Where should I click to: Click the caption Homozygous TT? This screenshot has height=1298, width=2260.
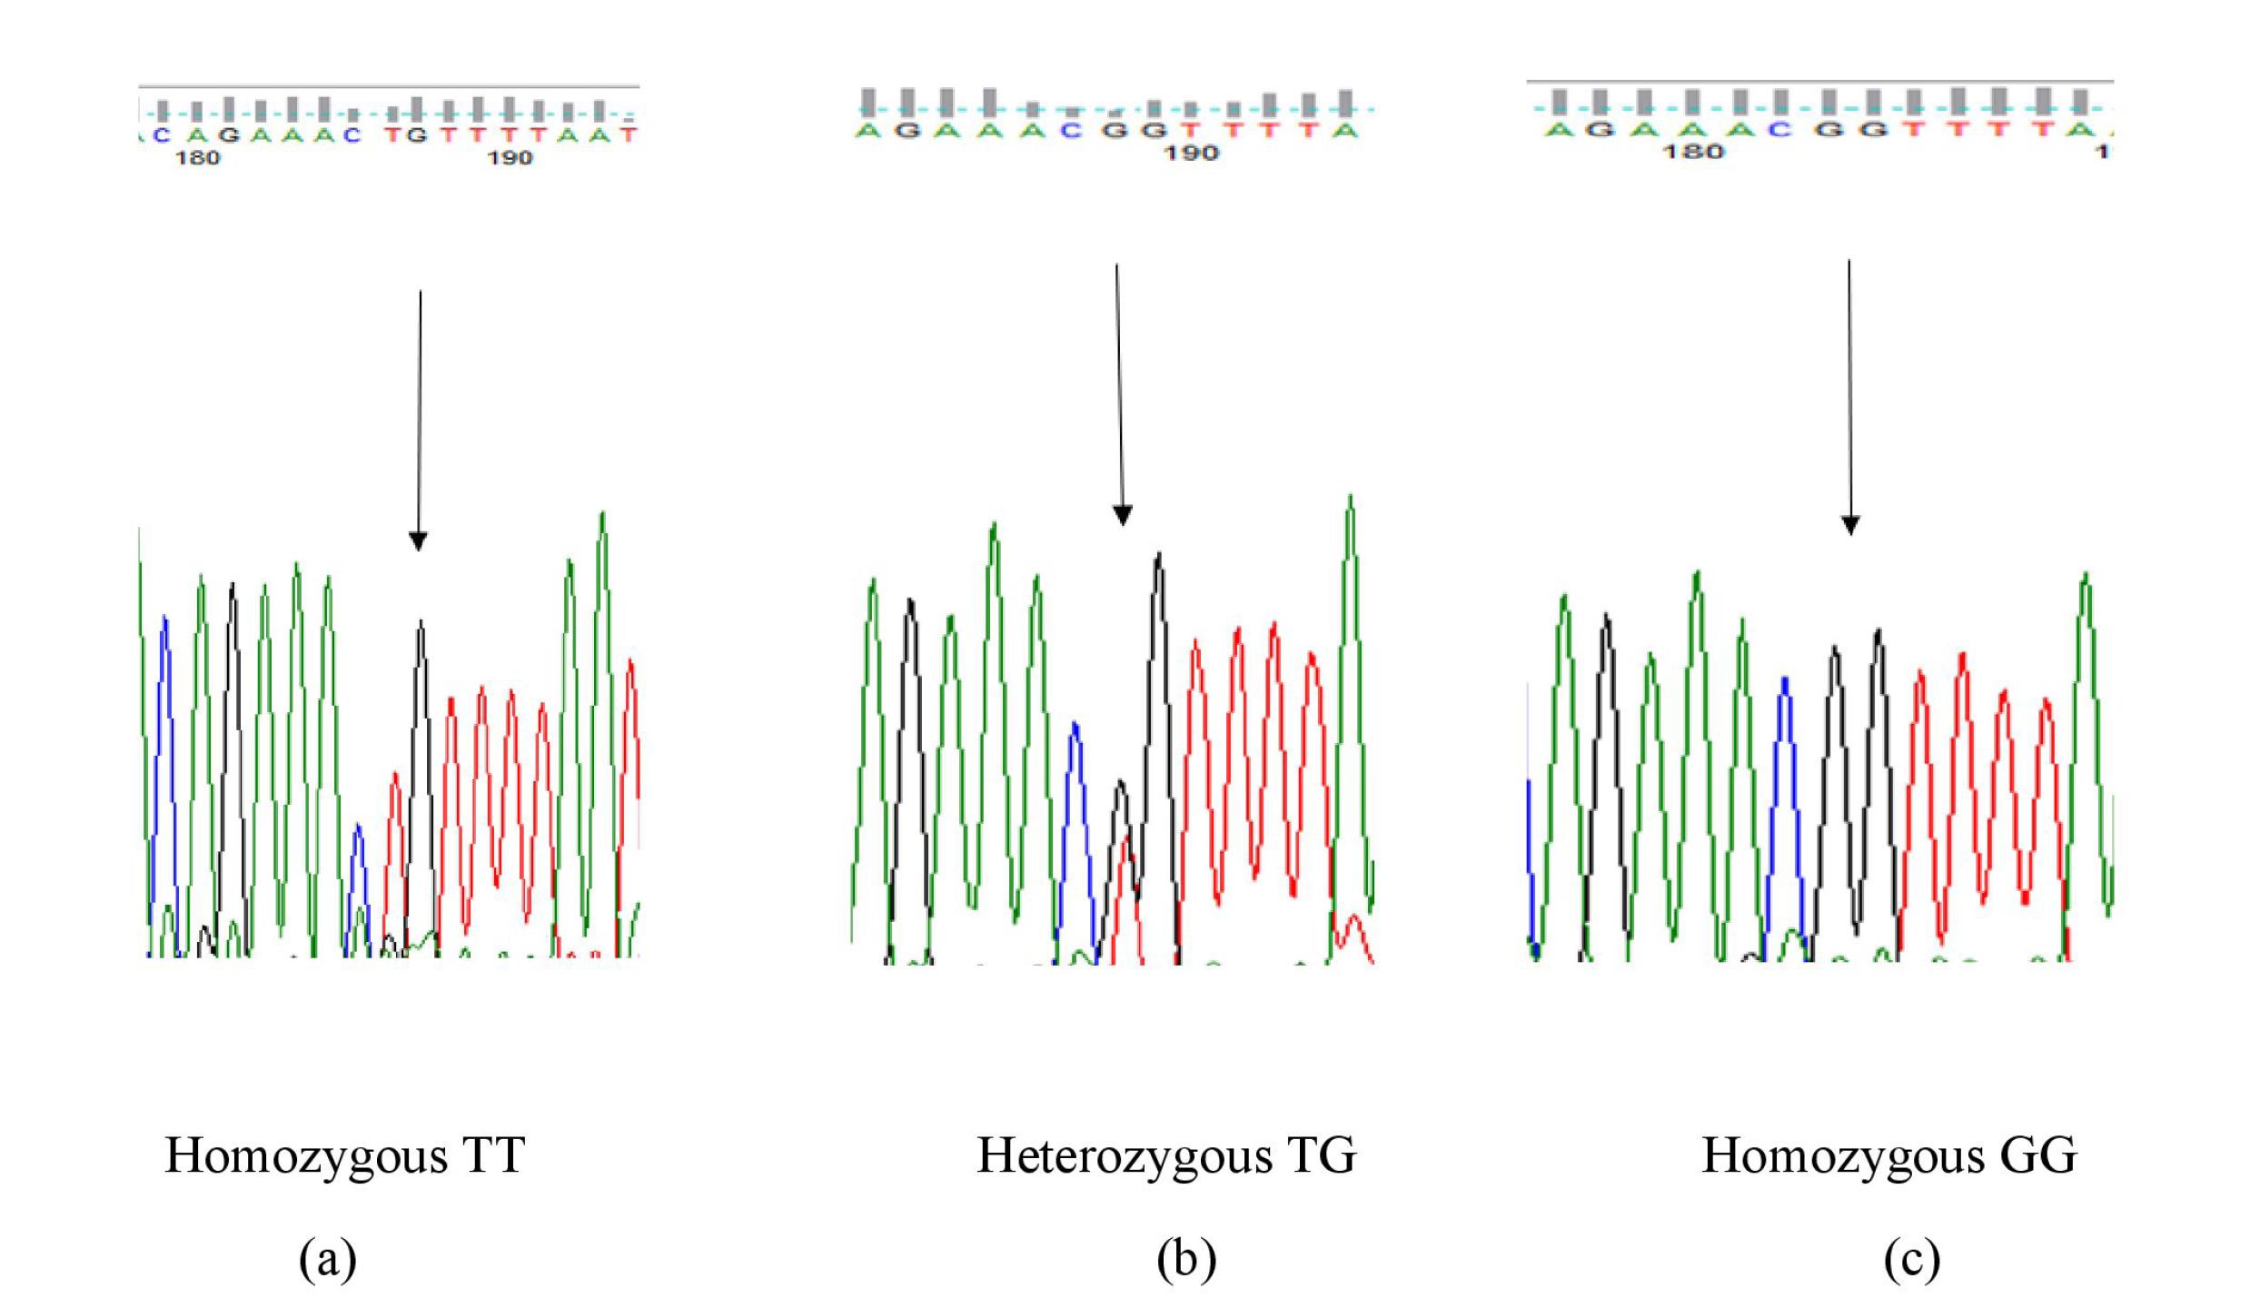[344, 1156]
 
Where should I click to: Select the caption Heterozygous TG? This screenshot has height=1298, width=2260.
[1166, 1156]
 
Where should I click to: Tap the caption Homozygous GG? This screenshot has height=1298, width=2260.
[1888, 1156]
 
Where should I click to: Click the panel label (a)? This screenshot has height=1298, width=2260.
[328, 1260]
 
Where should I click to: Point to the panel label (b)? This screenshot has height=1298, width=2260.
[1186, 1260]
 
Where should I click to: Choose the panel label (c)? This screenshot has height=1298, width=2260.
[1912, 1260]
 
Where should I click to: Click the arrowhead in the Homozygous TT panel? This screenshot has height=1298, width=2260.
[418, 541]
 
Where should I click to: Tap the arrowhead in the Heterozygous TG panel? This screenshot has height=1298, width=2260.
[1123, 515]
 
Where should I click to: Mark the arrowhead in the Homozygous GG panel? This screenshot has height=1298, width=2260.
[1850, 525]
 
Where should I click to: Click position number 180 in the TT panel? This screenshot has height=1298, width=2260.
[197, 158]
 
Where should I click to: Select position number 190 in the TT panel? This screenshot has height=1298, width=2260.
[509, 158]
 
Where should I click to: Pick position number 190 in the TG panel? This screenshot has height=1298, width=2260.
[1191, 153]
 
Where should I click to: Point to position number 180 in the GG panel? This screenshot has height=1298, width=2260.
[1693, 151]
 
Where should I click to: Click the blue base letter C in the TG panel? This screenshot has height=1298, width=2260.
[1072, 131]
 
